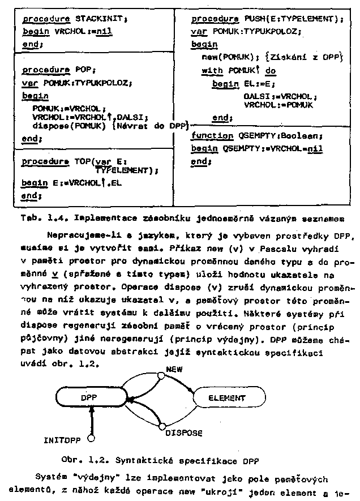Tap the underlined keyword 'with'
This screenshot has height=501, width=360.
tap(213, 71)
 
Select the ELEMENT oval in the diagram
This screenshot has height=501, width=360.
tap(226, 398)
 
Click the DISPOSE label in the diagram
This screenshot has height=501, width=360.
tap(184, 433)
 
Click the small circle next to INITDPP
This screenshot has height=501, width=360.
tap(89, 438)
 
